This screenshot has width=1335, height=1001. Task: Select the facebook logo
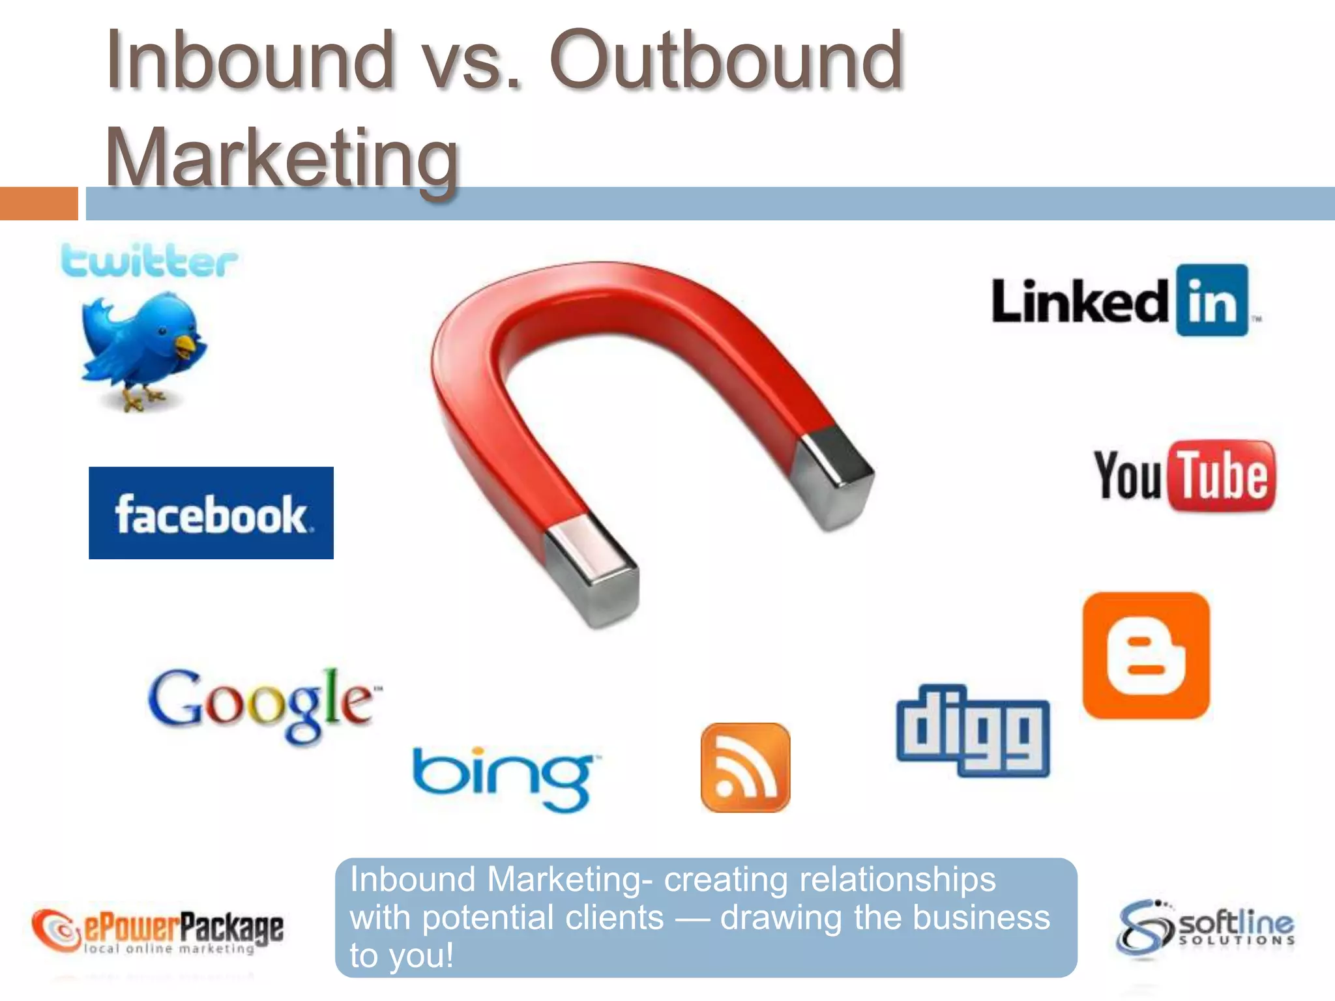(x=211, y=513)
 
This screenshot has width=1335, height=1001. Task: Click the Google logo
(x=264, y=704)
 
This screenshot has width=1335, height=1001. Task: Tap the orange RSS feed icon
(x=745, y=768)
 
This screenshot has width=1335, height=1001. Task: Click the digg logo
(x=973, y=731)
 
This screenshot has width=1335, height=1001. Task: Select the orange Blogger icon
(x=1146, y=656)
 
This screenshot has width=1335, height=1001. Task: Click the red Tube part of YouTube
(x=1224, y=476)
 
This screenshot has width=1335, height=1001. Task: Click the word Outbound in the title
(x=726, y=61)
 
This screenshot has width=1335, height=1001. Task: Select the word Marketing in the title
(x=282, y=158)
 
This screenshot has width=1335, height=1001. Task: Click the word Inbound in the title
(x=250, y=61)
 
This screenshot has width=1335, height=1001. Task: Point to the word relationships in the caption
(x=898, y=879)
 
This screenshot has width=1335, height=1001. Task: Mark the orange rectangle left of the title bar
(x=38, y=203)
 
